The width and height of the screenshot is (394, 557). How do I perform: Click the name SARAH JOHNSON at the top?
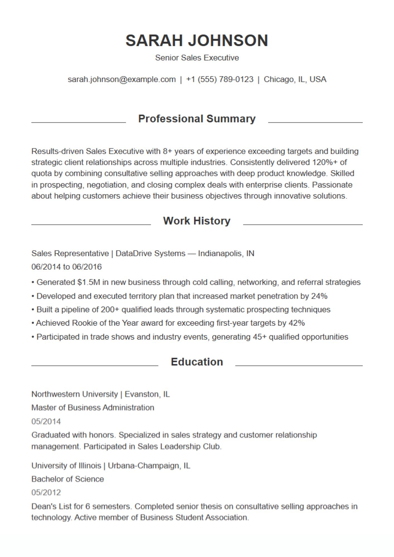click(197, 41)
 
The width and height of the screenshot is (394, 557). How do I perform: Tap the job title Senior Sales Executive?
click(197, 58)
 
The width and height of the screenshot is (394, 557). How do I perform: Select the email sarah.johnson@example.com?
click(121, 79)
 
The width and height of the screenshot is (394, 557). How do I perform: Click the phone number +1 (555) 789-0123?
click(220, 79)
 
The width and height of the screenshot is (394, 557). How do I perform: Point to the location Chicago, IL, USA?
click(295, 79)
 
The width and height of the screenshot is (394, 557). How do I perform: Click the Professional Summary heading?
click(197, 119)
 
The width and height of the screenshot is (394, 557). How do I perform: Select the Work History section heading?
click(197, 221)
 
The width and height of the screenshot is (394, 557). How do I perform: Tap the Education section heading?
click(197, 362)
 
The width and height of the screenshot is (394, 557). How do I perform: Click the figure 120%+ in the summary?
click(325, 162)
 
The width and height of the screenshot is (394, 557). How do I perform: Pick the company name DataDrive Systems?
click(150, 253)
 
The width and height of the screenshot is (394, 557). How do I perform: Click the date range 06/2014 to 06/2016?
click(67, 267)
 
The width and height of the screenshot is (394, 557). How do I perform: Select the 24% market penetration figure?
click(319, 296)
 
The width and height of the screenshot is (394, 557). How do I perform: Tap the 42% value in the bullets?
click(297, 323)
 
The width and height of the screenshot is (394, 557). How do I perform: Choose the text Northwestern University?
click(74, 394)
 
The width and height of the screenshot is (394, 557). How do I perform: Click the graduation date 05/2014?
click(46, 421)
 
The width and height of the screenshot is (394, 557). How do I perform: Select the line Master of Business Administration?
click(93, 408)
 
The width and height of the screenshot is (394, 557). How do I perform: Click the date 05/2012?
click(46, 492)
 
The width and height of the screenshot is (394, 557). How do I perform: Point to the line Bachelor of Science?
click(68, 479)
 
